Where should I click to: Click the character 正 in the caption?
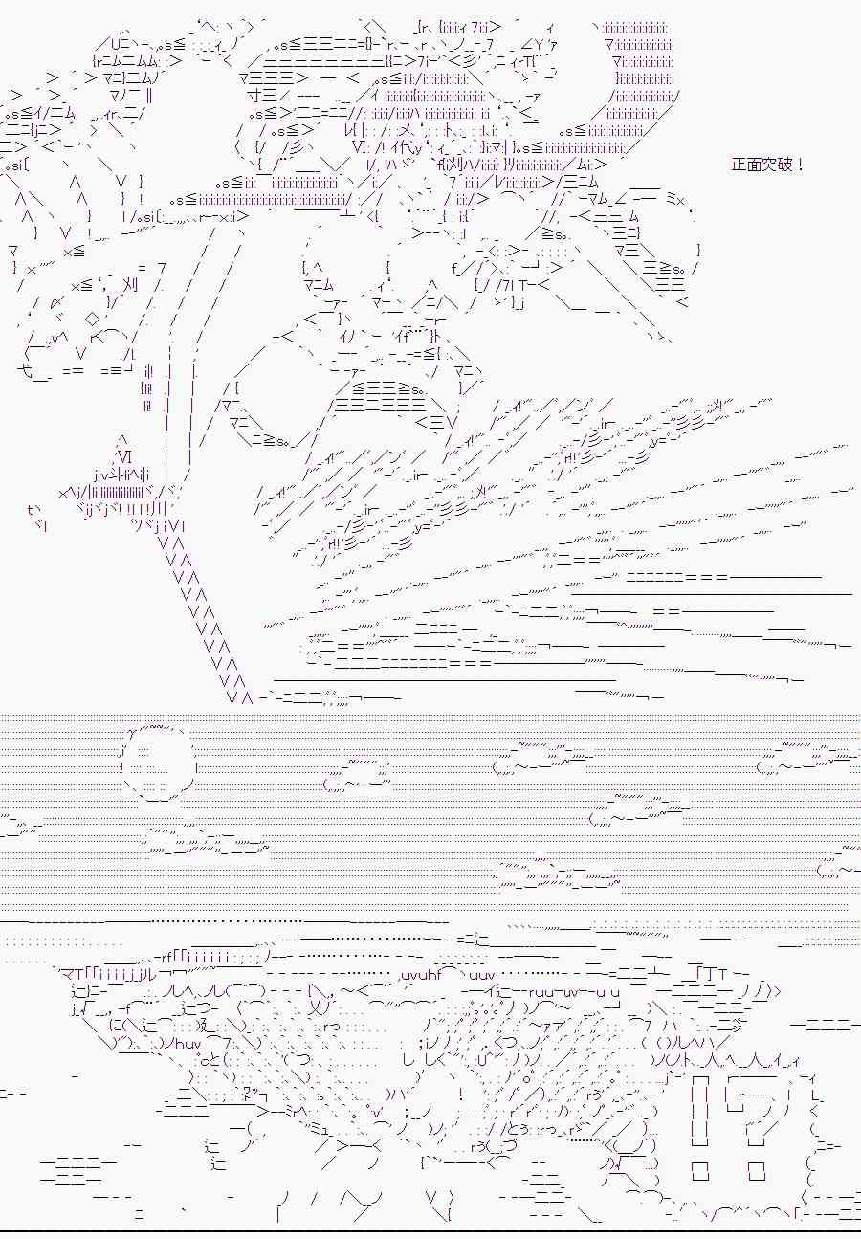[x=739, y=165]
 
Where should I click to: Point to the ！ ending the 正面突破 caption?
[x=801, y=165]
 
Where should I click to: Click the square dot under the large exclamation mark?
[x=700, y=1171]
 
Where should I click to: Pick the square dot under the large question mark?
[x=756, y=1171]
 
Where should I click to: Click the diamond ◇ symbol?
[x=93, y=320]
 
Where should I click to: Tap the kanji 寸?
[x=256, y=97]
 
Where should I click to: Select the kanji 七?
[x=26, y=370]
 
